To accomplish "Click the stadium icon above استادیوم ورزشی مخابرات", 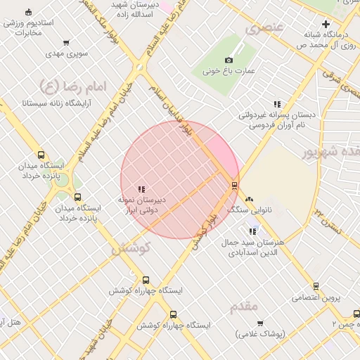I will pyautogui.click(x=28, y=13).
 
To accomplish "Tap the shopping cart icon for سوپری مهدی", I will pyautogui.click(x=66, y=43).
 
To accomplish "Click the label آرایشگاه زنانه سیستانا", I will pyautogui.click(x=55, y=103).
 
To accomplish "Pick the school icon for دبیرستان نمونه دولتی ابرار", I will pyautogui.click(x=141, y=188).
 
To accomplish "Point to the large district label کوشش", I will pyautogui.click(x=131, y=248).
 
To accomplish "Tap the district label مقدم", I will pyautogui.click(x=244, y=306).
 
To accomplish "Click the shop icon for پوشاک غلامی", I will pyautogui.click(x=261, y=324).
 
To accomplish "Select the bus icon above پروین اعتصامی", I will pyautogui.click(x=316, y=286).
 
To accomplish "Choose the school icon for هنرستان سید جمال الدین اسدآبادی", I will pyautogui.click(x=253, y=231).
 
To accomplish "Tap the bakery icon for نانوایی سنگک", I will pyautogui.click(x=249, y=200).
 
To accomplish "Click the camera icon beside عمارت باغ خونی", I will pyautogui.click(x=229, y=60).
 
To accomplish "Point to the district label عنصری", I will pyautogui.click(x=264, y=29).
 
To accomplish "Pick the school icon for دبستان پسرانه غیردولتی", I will pyautogui.click(x=277, y=104).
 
